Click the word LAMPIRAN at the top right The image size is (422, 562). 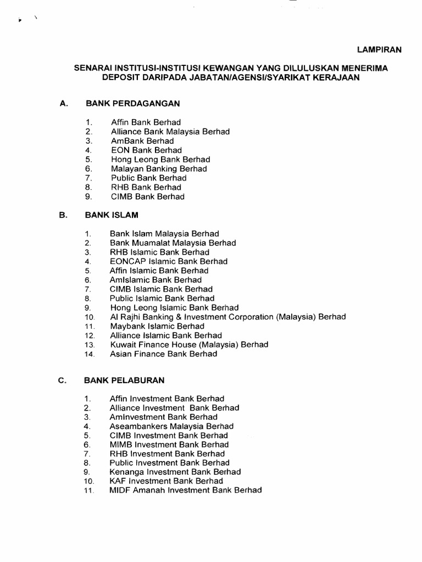coord(380,49)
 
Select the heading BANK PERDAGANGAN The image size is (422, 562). coord(132,103)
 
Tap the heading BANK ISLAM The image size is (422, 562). coord(111,215)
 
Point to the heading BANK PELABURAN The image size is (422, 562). coord(124,380)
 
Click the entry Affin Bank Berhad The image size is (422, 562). coord(146,122)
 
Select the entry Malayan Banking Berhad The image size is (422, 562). coord(159,168)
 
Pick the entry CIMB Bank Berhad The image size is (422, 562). coord(147,196)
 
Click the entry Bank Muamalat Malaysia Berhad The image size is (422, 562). coord(173,243)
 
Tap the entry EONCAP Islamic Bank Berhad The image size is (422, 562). coord(168,261)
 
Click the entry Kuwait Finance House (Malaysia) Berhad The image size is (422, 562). coord(189,345)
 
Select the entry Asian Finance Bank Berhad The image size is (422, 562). coord(163,354)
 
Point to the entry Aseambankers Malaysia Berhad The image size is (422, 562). coord(171,426)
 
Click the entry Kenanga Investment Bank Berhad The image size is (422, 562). coord(175,472)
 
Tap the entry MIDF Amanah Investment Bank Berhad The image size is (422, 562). coord(186,490)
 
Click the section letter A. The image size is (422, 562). coord(63,103)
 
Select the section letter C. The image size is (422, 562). coord(62,380)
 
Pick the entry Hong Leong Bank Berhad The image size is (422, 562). coord(160,159)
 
